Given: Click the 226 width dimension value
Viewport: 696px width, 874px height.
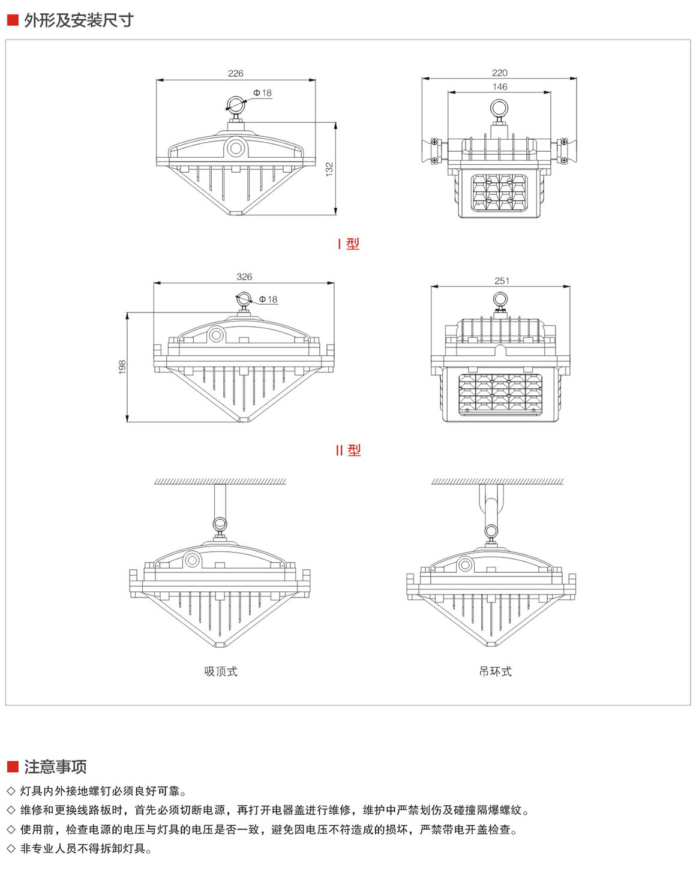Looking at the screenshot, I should (235, 73).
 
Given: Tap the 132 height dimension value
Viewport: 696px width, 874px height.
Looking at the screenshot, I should (329, 169).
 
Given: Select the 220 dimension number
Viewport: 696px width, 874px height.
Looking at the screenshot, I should (499, 73).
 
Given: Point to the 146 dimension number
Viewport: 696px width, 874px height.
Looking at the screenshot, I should (499, 86).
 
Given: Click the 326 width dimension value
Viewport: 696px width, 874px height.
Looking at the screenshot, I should (244, 277).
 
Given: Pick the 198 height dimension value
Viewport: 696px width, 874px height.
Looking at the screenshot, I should (122, 367).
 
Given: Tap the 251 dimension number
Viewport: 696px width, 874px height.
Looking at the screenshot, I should (502, 280).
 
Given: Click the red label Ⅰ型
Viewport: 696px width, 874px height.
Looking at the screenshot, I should (348, 244).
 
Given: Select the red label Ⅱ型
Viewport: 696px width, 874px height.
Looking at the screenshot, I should (348, 450).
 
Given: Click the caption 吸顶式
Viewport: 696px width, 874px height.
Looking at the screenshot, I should (221, 671).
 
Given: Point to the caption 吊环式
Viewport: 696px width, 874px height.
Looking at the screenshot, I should (495, 671).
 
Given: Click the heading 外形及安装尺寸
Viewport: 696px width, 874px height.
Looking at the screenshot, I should (79, 20).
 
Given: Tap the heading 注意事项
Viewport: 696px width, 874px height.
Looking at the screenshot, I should (55, 767).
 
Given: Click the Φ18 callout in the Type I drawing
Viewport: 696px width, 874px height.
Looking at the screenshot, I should (262, 93).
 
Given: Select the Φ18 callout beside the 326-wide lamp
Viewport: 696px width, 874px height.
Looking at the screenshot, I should (268, 299).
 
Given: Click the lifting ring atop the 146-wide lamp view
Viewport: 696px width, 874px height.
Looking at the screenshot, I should (499, 108).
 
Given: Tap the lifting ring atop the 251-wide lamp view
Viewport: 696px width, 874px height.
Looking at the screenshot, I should (500, 299).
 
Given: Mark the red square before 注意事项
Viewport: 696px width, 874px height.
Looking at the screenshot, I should (13, 767).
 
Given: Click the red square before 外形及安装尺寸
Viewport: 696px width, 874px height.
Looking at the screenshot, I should (13, 20).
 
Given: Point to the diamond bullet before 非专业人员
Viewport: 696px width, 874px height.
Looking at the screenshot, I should (11, 849).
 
